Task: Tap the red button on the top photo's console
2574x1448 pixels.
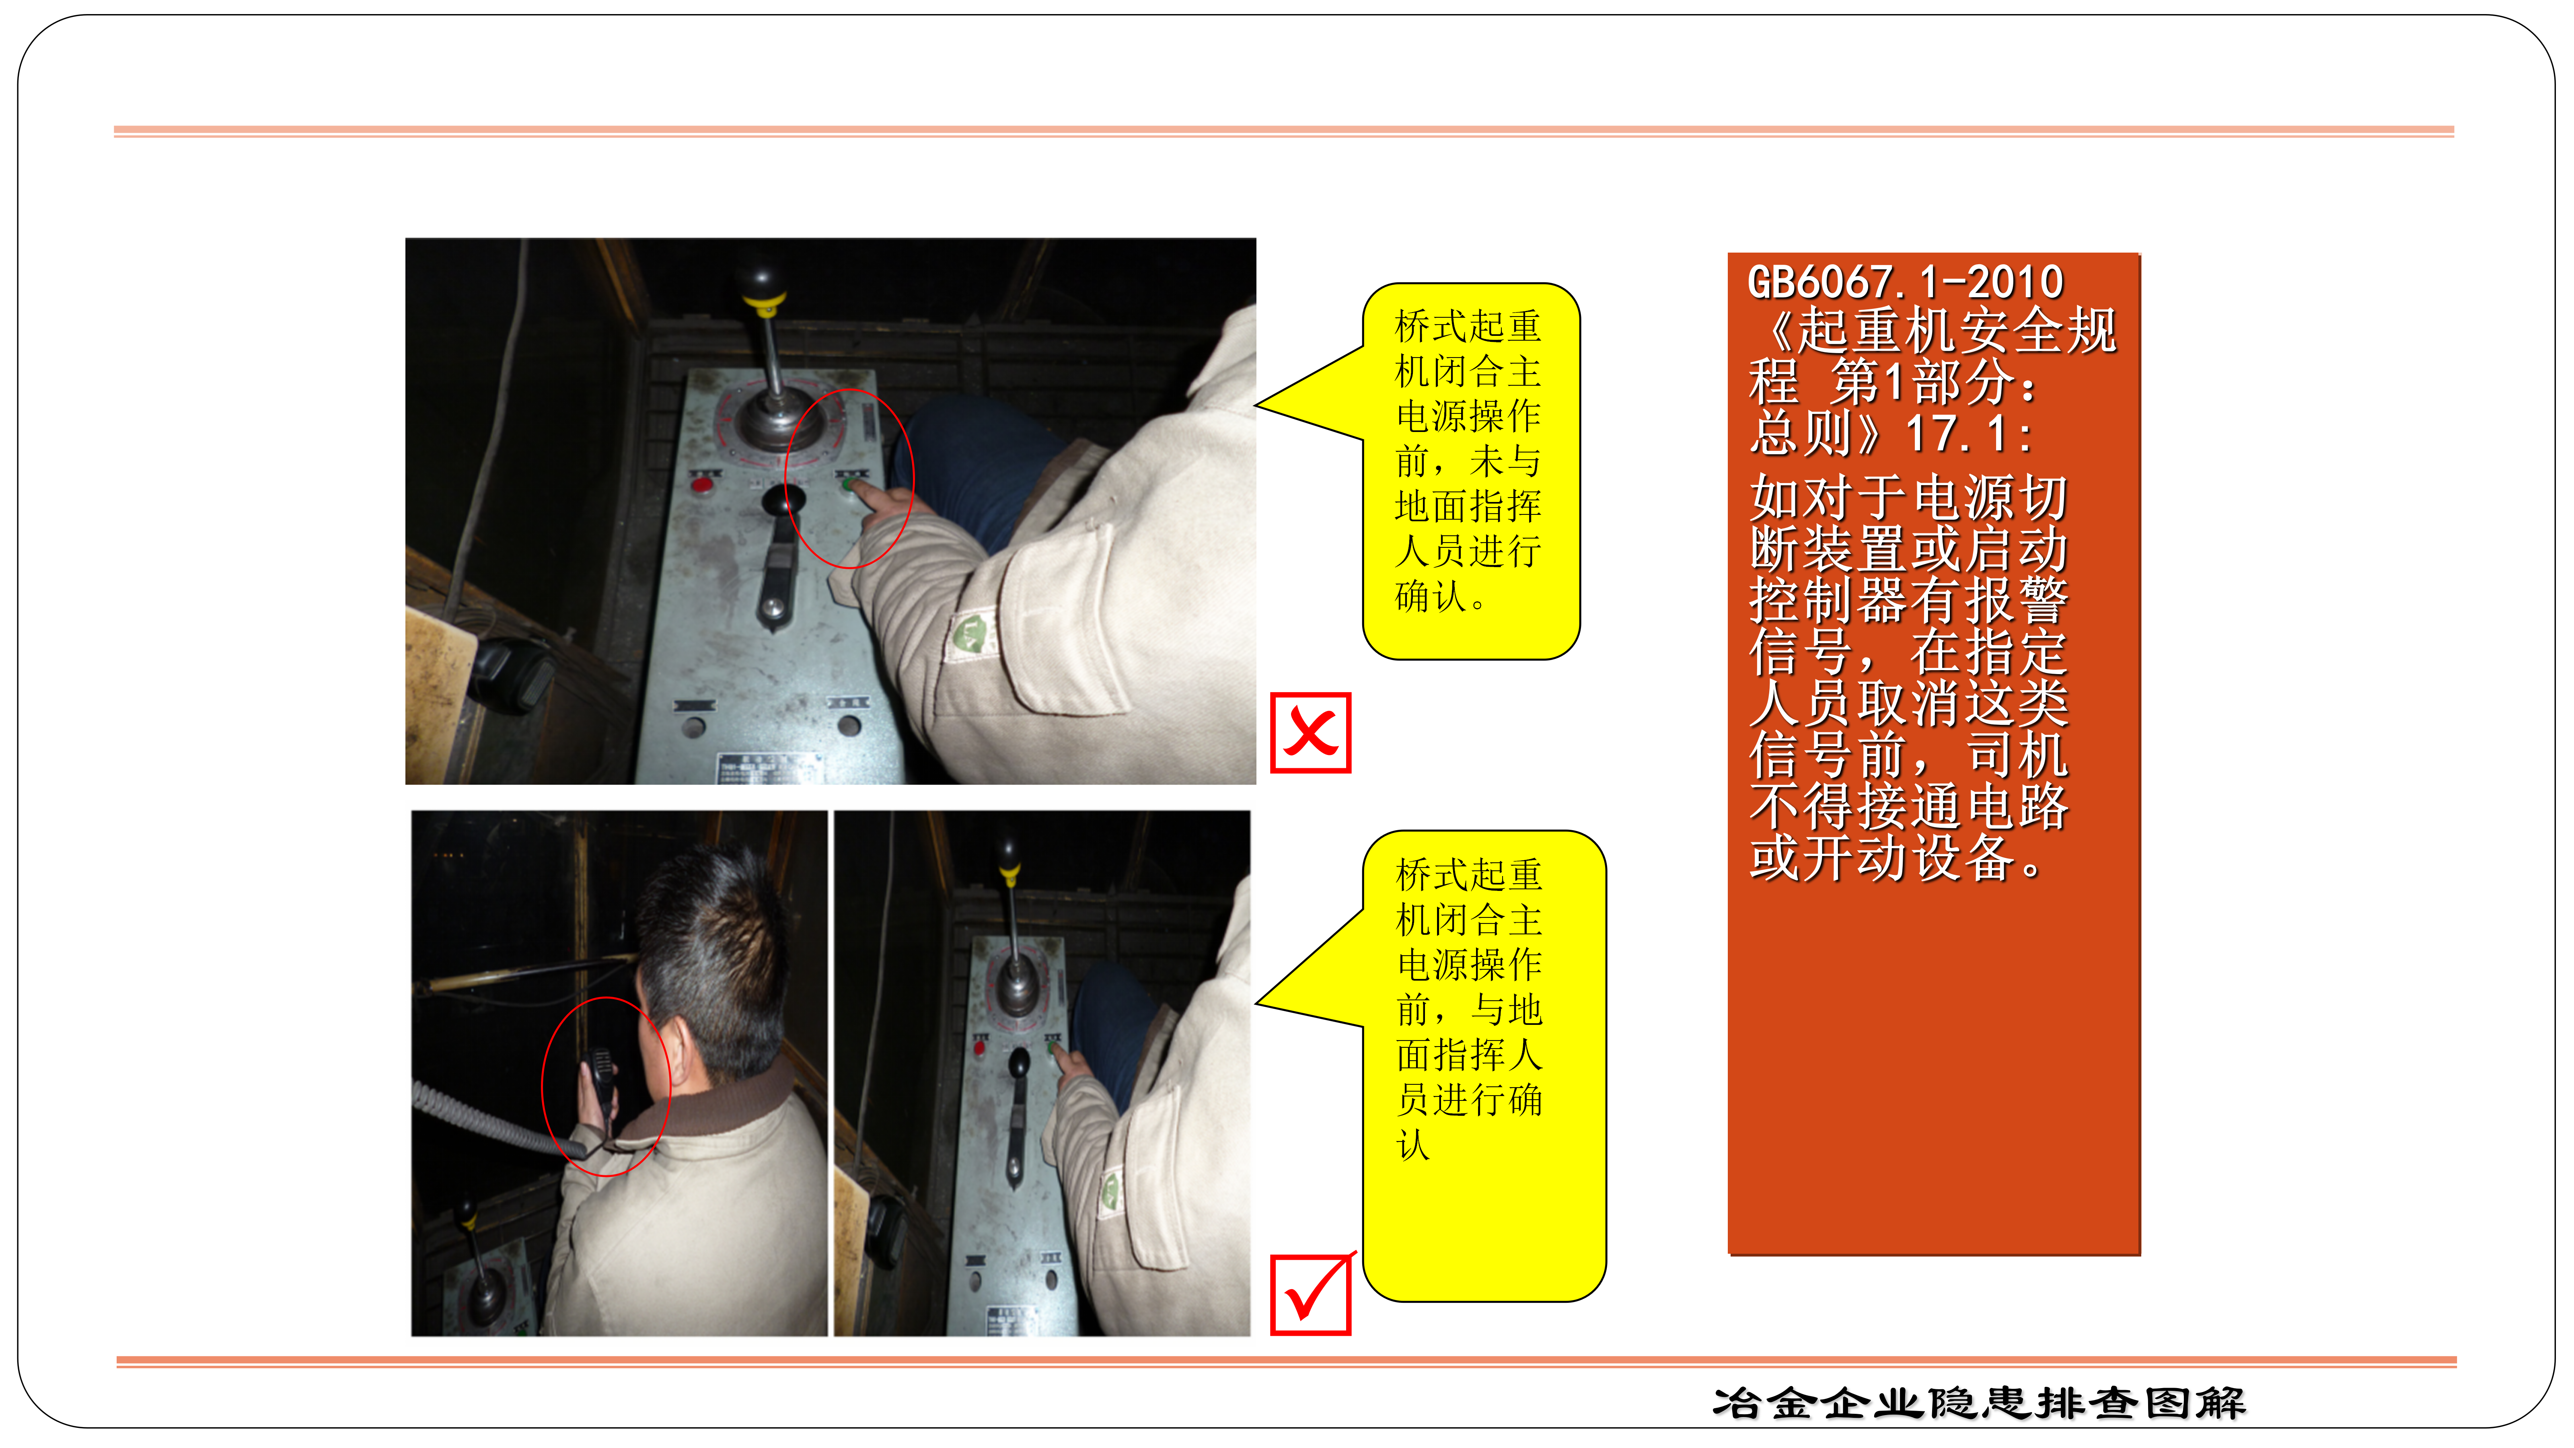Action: [703, 485]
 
